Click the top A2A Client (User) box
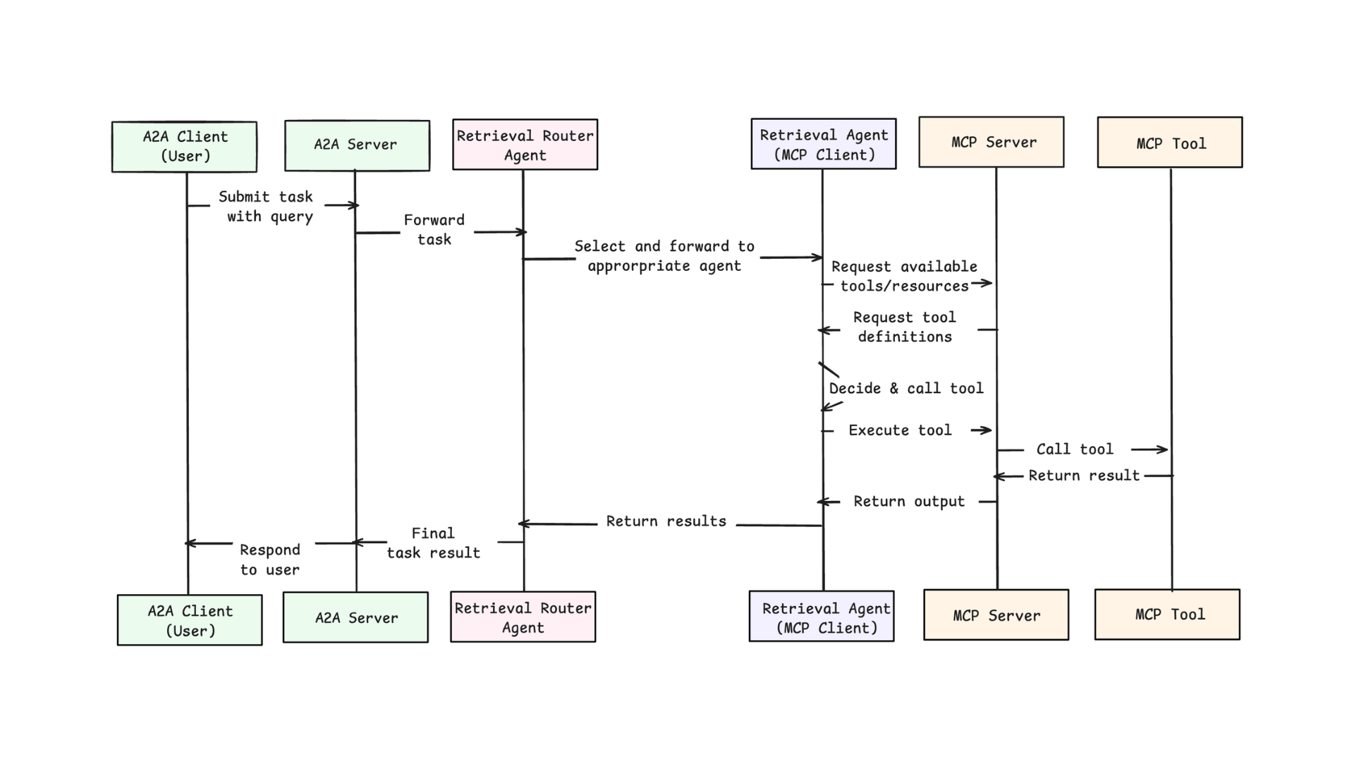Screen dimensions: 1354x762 click(184, 147)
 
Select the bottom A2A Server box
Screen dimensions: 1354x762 click(355, 617)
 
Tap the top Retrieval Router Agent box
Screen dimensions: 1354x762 click(525, 145)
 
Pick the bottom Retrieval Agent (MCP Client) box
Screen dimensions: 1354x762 click(822, 616)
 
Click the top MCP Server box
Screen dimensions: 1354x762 click(992, 142)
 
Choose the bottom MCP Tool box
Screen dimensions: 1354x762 click(1167, 615)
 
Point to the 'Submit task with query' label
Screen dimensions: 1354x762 click(266, 207)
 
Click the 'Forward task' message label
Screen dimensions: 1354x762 click(434, 230)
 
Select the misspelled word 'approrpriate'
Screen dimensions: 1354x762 click(639, 267)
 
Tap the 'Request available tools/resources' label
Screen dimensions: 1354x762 click(905, 277)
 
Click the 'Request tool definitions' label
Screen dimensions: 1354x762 click(905, 327)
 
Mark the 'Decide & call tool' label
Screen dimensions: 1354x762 click(906, 388)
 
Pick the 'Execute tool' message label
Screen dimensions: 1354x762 click(900, 430)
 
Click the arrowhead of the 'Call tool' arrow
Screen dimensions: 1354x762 click(1164, 449)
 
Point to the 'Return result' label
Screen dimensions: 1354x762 click(1084, 476)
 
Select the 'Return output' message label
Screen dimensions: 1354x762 click(909, 502)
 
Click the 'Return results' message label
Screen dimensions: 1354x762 click(666, 521)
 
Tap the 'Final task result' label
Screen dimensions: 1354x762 click(434, 543)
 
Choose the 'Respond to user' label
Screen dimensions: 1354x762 click(270, 560)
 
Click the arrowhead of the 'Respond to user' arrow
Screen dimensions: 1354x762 click(189, 543)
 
